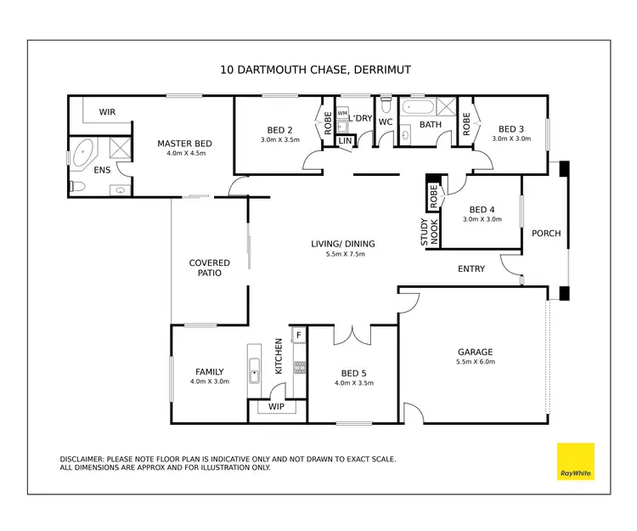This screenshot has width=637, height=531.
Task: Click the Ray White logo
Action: pyautogui.click(x=575, y=461)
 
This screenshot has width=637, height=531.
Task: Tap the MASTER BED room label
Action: pyautogui.click(x=184, y=144)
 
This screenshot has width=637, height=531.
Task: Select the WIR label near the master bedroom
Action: pyautogui.click(x=107, y=112)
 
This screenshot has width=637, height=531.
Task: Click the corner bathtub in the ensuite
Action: pyautogui.click(x=84, y=155)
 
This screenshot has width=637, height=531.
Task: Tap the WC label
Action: pyautogui.click(x=385, y=121)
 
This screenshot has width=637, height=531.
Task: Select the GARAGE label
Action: pyautogui.click(x=475, y=352)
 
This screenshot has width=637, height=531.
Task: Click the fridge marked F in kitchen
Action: pyautogui.click(x=298, y=336)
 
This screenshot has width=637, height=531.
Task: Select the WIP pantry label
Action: pyautogui.click(x=276, y=407)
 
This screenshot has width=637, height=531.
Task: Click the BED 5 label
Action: pyautogui.click(x=354, y=372)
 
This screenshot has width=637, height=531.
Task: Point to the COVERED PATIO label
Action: pyautogui.click(x=210, y=268)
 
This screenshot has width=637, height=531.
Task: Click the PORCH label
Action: pyautogui.click(x=546, y=234)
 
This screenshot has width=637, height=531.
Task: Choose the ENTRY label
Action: pyautogui.click(x=471, y=269)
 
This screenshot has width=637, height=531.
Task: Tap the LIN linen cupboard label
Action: pyautogui.click(x=345, y=140)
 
